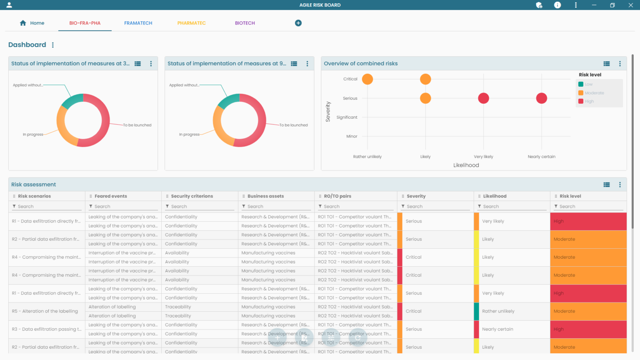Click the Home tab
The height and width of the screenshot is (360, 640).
[x=32, y=23]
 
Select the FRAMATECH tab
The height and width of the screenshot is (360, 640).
[x=138, y=23]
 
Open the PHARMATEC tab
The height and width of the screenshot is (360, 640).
[x=191, y=23]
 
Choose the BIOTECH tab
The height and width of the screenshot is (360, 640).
[x=245, y=23]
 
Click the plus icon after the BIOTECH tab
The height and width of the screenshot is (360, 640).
[x=298, y=23]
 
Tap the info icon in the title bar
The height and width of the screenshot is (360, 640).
[x=557, y=5]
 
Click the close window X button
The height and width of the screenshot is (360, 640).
[x=630, y=5]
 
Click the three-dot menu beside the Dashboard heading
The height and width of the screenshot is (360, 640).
[x=53, y=45]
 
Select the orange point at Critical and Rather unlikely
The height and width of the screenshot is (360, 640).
[x=367, y=79]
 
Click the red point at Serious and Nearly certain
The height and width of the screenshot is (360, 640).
[x=541, y=98]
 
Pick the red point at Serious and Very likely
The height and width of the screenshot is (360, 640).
[x=483, y=98]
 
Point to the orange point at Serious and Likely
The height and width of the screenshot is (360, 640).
[x=425, y=98]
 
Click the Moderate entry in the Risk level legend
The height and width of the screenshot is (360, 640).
[x=594, y=93]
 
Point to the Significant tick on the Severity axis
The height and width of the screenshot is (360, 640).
[x=347, y=117]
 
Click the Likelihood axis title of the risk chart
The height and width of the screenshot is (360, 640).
[x=466, y=165]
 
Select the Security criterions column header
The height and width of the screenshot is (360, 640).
[x=192, y=196]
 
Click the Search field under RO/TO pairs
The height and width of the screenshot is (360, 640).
[x=356, y=206]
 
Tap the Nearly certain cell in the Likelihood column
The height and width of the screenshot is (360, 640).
[x=497, y=329]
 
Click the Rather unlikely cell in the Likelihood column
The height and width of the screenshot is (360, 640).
[x=498, y=311]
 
